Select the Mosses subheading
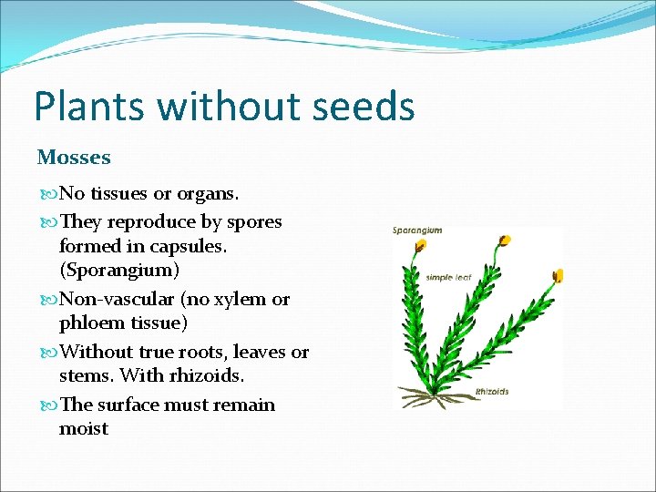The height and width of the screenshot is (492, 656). (74, 158)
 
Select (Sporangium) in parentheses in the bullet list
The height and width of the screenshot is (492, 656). (119, 271)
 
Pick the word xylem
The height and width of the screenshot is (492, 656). (243, 299)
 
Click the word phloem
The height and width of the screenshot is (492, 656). (91, 323)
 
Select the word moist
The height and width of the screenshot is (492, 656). (84, 428)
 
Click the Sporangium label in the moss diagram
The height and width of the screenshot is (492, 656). (417, 231)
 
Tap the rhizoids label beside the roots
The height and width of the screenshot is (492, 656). (491, 392)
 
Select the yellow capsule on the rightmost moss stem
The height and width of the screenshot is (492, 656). (559, 275)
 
